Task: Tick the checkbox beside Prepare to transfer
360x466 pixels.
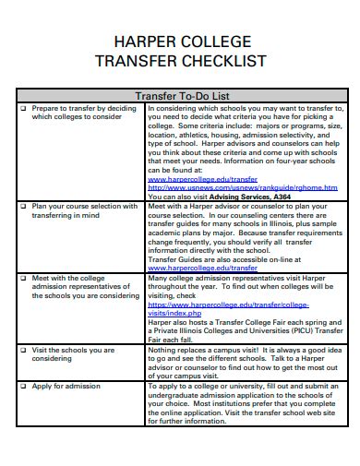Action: click(x=22, y=108)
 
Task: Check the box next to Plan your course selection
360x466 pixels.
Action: click(x=22, y=207)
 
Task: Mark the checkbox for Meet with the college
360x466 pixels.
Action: click(x=22, y=277)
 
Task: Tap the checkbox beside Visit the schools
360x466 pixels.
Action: click(x=22, y=351)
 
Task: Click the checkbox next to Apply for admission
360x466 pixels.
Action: click(x=22, y=385)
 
